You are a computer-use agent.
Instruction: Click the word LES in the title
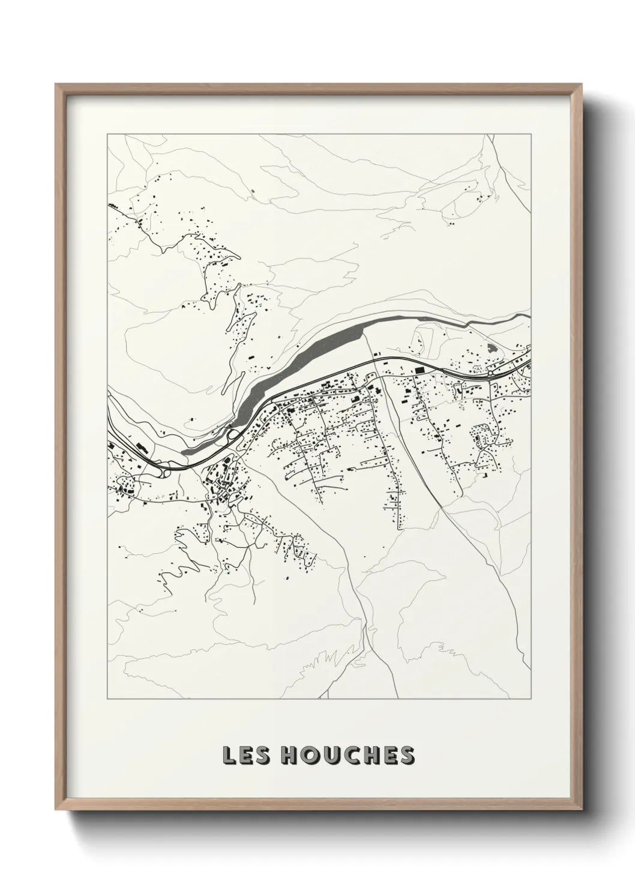[245, 755]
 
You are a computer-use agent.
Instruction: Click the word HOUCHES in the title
[348, 755]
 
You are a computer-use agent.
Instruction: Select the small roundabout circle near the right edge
[490, 373]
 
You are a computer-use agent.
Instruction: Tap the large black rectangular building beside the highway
[418, 371]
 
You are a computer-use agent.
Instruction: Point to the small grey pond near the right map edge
[493, 347]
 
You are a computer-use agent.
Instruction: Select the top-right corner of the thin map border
[531, 134]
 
